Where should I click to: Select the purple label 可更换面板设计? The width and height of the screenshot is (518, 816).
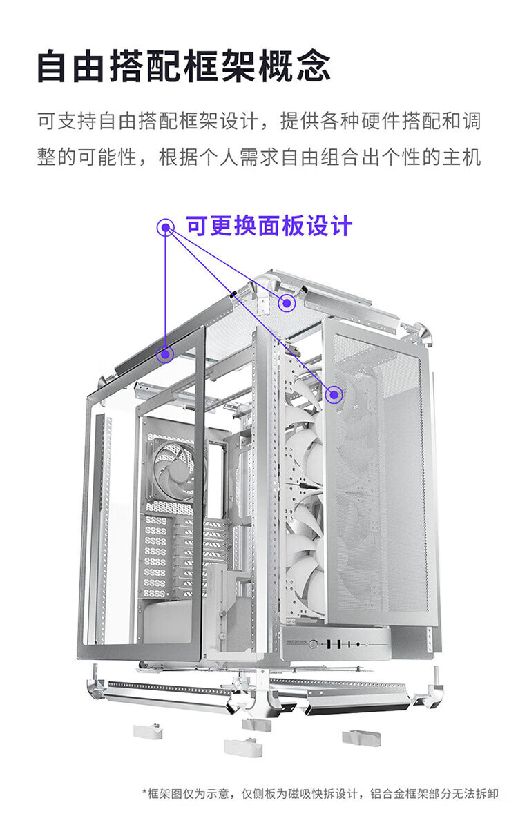269,226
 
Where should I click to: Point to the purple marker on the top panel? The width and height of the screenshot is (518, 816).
286,302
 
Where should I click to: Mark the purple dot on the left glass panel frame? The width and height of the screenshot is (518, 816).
165,354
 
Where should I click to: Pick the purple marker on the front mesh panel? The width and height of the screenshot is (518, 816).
335,394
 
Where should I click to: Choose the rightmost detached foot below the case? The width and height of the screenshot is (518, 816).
360,737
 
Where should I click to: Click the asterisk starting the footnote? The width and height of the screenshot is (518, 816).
144,793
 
